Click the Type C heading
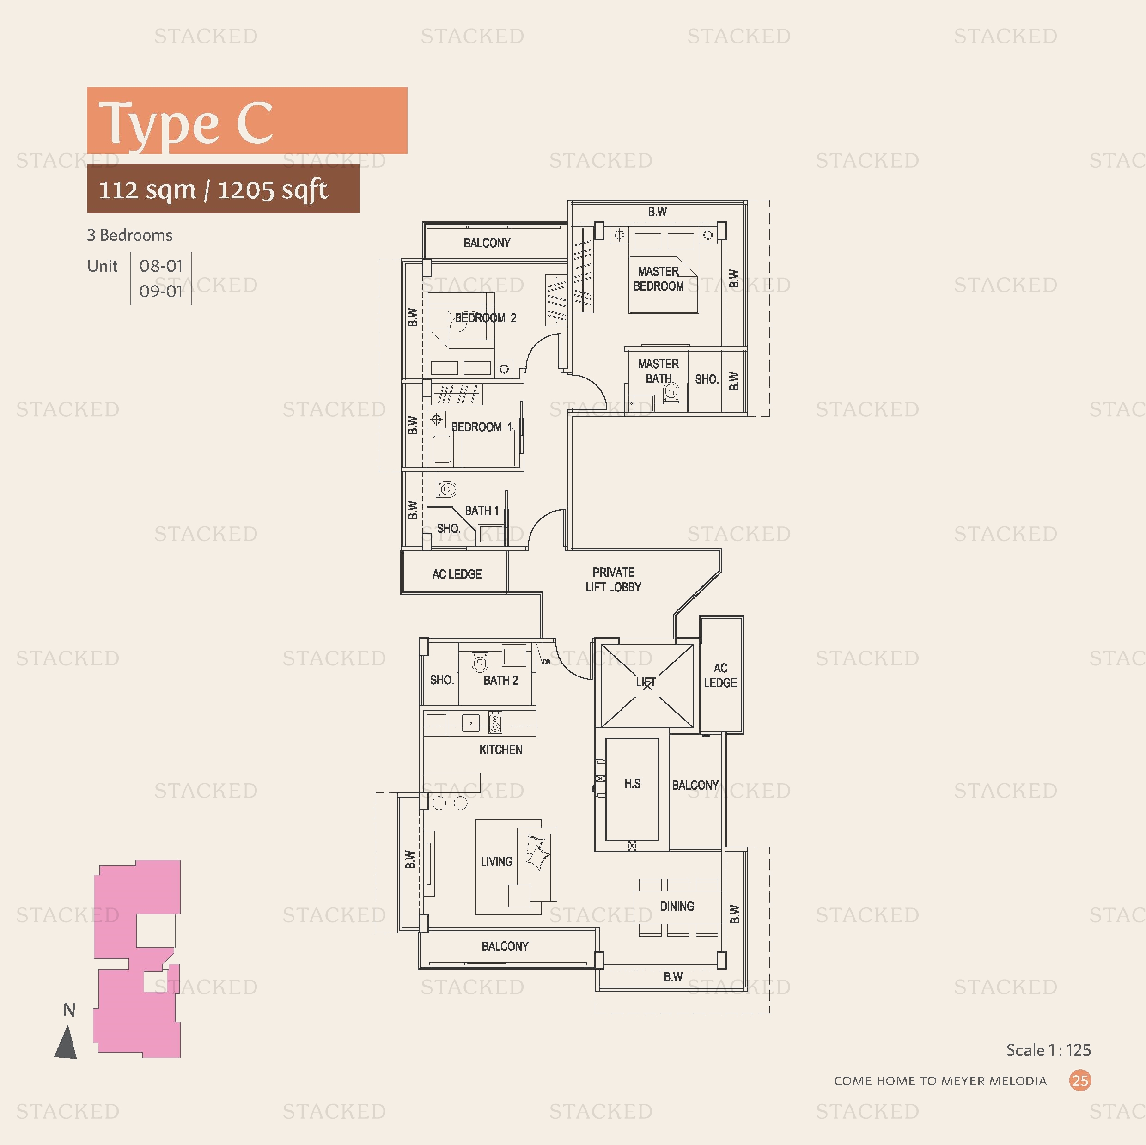pos(186,123)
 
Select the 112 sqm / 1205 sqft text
pos(213,190)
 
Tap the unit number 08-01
pos(161,266)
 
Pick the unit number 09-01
pos(161,291)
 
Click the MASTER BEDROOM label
pos(658,279)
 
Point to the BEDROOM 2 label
pos(485,318)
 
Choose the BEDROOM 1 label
pos(481,427)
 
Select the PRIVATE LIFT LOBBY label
pos(613,579)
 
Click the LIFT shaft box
pos(646,685)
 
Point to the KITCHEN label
pos(500,750)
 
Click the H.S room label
pos(632,784)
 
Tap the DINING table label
pos(677,907)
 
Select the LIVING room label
pos(496,861)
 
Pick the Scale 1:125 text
pos(1048,1050)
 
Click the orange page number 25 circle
pos(1080,1080)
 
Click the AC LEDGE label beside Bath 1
pos(457,574)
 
